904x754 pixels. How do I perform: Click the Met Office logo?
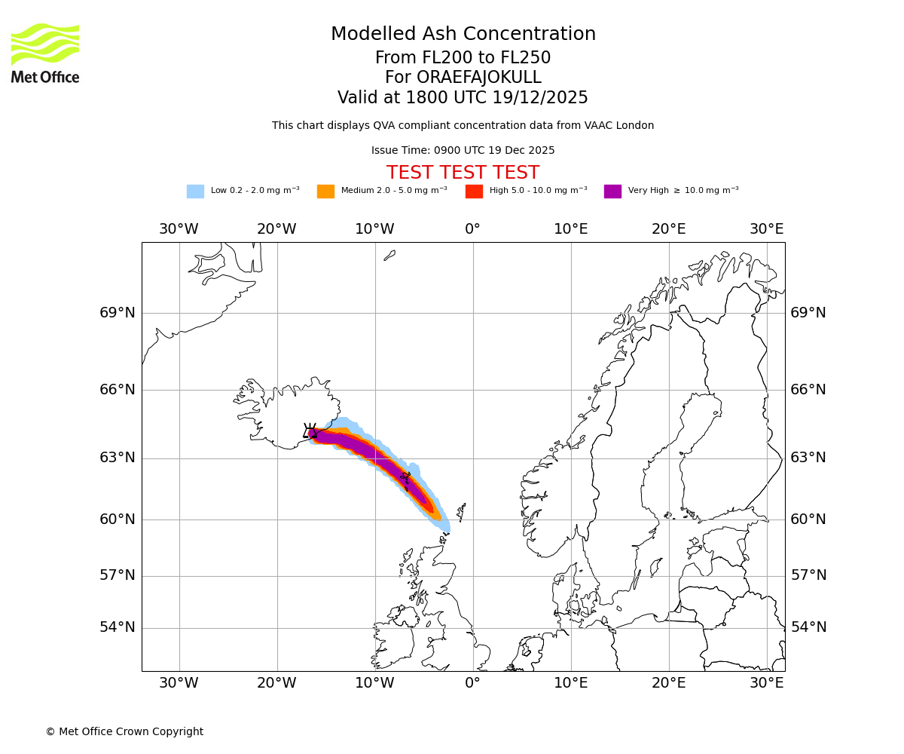point(45,53)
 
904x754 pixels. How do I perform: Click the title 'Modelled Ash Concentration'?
point(463,35)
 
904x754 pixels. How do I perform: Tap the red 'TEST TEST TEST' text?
point(463,173)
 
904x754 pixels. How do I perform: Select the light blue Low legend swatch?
point(195,192)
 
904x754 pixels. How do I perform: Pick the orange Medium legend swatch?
point(325,192)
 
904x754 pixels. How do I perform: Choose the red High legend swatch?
point(474,192)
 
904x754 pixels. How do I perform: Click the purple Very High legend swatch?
point(612,192)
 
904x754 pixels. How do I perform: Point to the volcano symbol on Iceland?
point(310,431)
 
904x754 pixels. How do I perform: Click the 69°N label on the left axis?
point(118,313)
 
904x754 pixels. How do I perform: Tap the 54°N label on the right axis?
point(808,627)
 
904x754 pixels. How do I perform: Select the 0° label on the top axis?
point(472,229)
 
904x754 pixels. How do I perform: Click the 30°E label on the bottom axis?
point(766,683)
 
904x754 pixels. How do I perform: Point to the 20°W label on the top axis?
point(276,229)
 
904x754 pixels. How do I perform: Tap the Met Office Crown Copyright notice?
point(124,731)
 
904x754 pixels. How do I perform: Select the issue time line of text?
point(463,151)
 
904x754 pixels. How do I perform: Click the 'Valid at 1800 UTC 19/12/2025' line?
point(463,98)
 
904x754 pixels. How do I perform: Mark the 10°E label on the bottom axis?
point(570,683)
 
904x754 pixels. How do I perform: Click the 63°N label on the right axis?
point(808,458)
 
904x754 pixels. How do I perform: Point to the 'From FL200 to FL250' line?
point(463,58)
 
